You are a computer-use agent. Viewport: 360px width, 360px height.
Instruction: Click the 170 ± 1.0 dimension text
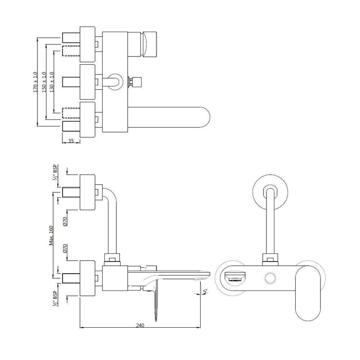(35, 82)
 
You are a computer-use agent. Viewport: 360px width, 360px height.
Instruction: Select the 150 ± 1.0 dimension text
(44, 82)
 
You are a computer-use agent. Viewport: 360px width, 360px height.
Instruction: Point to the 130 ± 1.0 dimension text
(51, 82)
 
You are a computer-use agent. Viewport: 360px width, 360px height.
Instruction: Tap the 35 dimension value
(71, 141)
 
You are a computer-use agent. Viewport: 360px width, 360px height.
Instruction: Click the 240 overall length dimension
(140, 325)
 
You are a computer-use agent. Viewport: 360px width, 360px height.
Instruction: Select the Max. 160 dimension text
(51, 235)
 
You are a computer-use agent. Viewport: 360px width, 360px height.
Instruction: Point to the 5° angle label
(204, 291)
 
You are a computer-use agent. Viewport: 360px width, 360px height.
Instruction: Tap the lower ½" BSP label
(55, 298)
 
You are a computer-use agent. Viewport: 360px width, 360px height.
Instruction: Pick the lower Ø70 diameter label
(65, 249)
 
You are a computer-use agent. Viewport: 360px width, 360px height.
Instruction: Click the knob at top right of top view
(149, 44)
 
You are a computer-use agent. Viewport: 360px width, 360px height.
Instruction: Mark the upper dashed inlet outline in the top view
(71, 51)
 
